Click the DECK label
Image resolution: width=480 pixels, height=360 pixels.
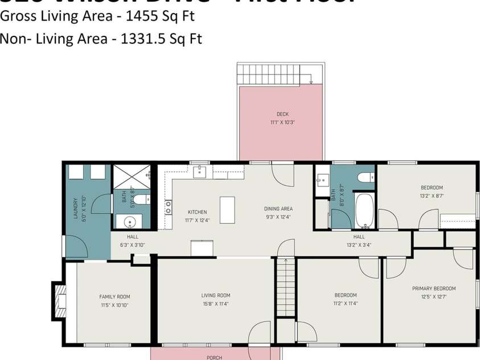282,114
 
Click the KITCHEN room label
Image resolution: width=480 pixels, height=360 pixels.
197,212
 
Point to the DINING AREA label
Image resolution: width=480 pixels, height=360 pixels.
278,208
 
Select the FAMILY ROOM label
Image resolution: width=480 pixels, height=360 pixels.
114,296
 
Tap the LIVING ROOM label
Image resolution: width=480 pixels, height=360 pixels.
216,295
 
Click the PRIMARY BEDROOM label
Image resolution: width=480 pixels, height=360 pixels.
433,288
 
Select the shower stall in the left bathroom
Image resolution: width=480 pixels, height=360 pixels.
132,176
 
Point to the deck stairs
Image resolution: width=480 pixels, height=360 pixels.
269,74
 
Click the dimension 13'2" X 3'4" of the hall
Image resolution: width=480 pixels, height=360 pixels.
359,246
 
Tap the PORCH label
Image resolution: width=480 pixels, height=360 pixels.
214,358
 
